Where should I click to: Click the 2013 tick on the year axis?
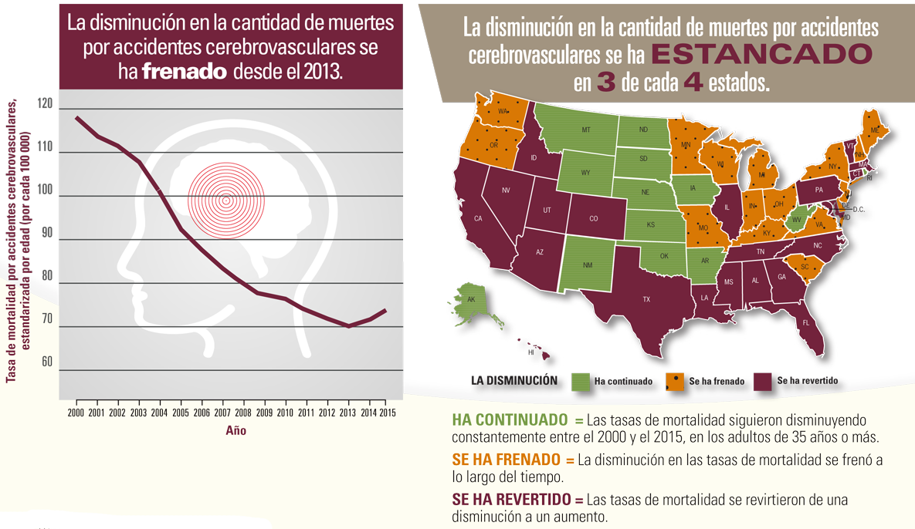pyautogui.click(x=348, y=412)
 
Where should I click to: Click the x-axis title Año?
pyautogui.click(x=236, y=431)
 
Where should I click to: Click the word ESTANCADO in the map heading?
pyautogui.click(x=761, y=55)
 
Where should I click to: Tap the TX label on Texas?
pyautogui.click(x=646, y=299)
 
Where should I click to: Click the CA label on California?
pyautogui.click(x=478, y=218)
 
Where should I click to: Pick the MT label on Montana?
pyautogui.click(x=586, y=130)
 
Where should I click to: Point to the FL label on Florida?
pyautogui.click(x=805, y=323)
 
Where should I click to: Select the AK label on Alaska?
pyautogui.click(x=471, y=299)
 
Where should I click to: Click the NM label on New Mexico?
pyautogui.click(x=588, y=264)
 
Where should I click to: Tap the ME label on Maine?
pyautogui.click(x=875, y=131)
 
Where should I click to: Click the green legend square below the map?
pyautogui.click(x=581, y=382)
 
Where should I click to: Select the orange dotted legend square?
pyautogui.click(x=674, y=382)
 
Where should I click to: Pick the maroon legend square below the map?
pyautogui.click(x=763, y=382)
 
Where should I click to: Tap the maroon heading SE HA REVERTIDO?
pyautogui.click(x=510, y=499)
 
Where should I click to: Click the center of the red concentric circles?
pyautogui.click(x=226, y=200)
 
